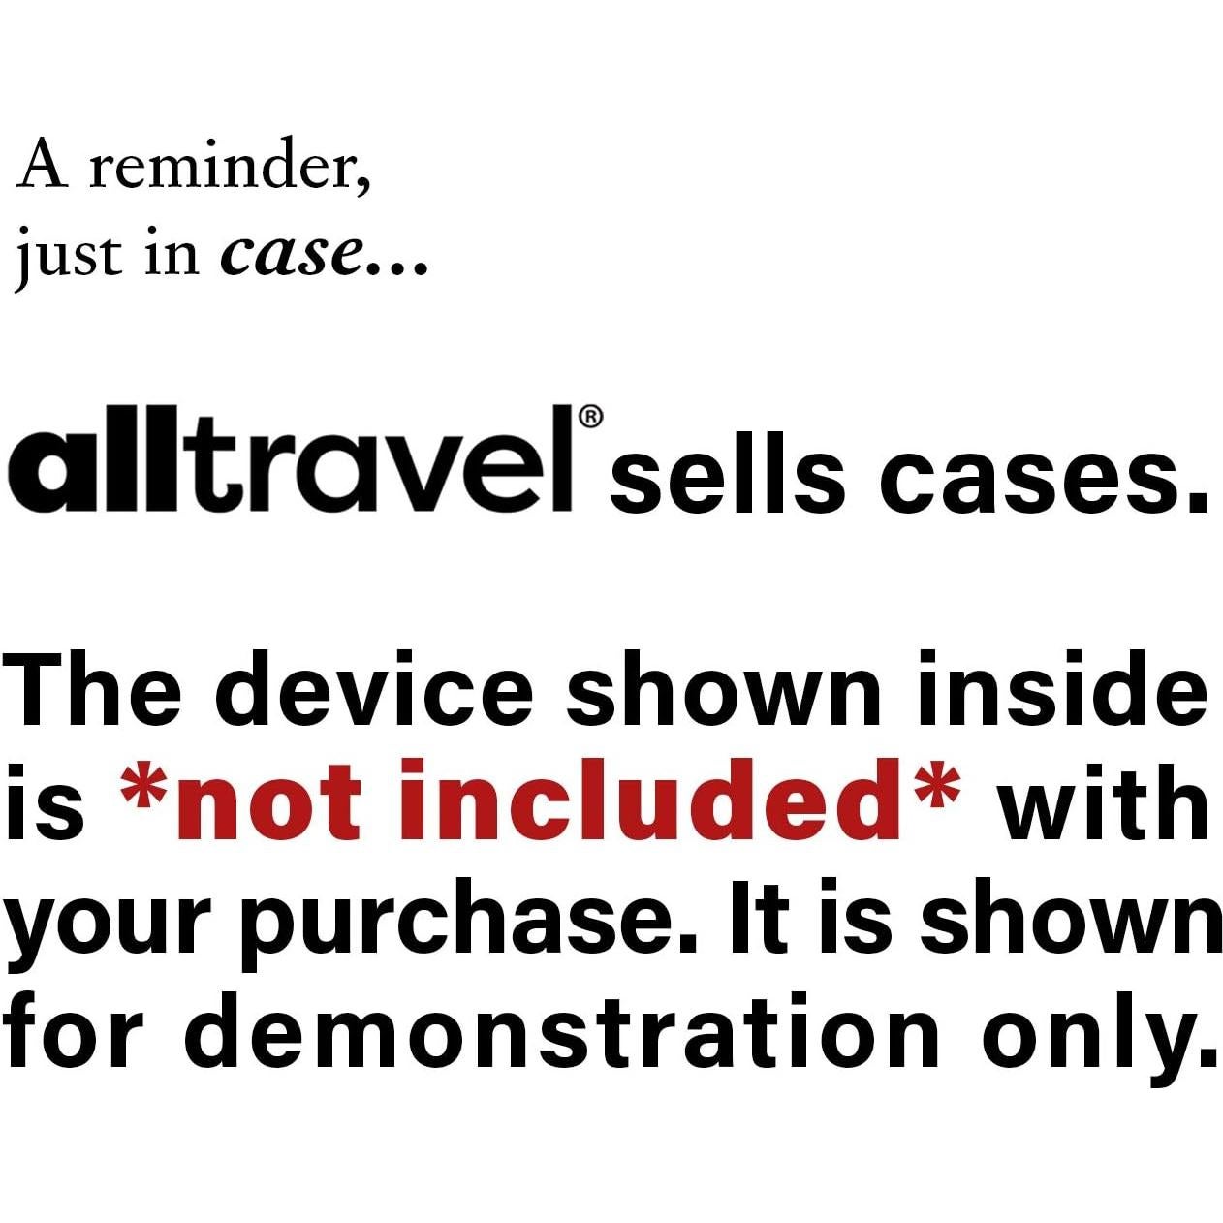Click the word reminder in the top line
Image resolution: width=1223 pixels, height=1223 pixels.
pos(230,167)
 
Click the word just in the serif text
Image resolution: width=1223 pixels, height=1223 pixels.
pos(69,256)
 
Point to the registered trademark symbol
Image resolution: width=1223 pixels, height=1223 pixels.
pos(590,418)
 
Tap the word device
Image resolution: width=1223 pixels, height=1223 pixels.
pos(383,689)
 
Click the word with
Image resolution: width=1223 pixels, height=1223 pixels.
pos(1106,802)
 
